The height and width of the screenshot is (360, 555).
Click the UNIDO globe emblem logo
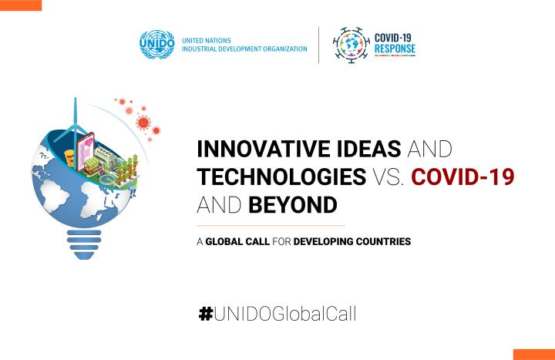(x=156, y=44)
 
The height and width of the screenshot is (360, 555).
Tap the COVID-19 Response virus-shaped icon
(x=351, y=45)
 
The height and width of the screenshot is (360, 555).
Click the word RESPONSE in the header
(x=395, y=49)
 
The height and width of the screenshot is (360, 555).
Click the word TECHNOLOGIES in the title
(x=281, y=177)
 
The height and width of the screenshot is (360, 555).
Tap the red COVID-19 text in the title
(x=462, y=177)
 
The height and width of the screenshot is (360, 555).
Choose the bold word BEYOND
(x=293, y=204)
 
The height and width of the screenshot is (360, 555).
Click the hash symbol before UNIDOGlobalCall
(x=206, y=314)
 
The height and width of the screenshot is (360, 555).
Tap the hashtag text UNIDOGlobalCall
(x=285, y=314)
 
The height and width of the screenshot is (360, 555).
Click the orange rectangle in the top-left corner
(x=21, y=5)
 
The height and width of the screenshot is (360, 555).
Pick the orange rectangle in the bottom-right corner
(x=534, y=355)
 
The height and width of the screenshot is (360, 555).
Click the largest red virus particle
(x=143, y=123)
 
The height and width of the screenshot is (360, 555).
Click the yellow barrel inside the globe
(x=69, y=157)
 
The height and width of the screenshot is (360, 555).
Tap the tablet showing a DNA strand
(x=86, y=151)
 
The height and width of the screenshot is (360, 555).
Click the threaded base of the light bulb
(x=84, y=244)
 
